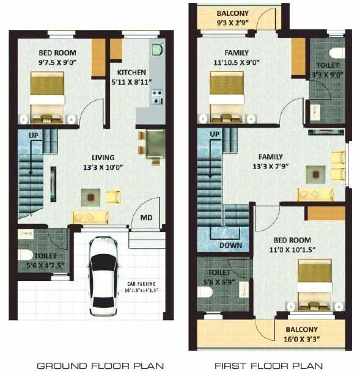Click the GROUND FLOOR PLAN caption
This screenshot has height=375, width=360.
(100, 366)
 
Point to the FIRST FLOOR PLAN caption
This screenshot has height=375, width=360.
(268, 366)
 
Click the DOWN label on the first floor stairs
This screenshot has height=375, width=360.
(230, 246)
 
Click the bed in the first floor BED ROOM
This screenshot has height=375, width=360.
(317, 285)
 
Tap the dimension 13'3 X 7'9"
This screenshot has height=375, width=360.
(271, 166)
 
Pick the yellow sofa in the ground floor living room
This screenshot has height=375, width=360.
(90, 216)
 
